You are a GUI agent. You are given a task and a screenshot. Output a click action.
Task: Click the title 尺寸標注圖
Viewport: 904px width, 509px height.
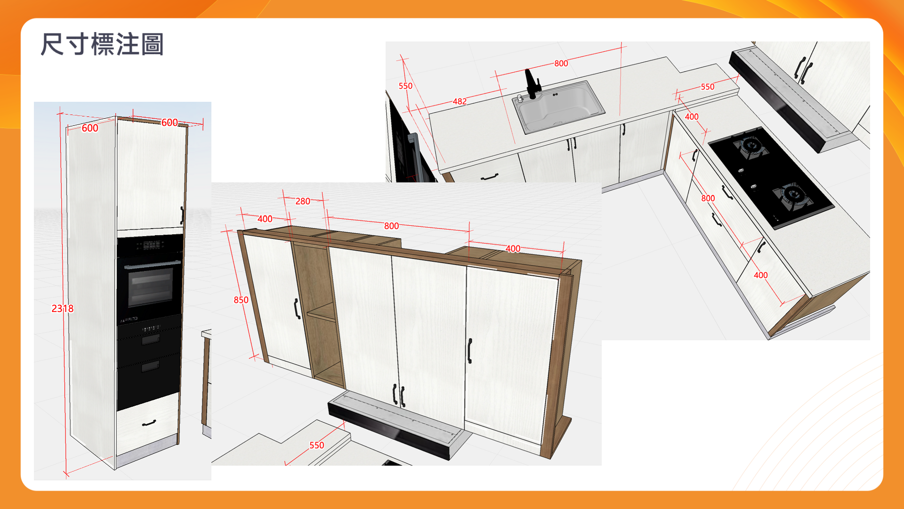[102, 44]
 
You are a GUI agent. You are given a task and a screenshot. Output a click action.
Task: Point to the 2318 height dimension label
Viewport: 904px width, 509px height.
[63, 309]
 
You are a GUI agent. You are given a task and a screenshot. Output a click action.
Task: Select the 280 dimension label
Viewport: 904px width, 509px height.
[303, 201]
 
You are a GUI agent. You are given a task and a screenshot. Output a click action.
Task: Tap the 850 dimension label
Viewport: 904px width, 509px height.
[241, 300]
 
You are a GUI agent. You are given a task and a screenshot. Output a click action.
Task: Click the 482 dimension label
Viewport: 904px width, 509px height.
[460, 101]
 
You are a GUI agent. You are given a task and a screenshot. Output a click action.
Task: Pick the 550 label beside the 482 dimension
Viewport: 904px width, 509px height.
[405, 86]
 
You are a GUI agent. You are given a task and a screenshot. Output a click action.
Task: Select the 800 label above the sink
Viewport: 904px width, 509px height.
[561, 63]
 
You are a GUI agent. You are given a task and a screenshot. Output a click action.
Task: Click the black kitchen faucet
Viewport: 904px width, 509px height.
[532, 84]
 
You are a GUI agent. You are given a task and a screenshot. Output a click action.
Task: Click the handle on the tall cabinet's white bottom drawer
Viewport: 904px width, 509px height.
[149, 423]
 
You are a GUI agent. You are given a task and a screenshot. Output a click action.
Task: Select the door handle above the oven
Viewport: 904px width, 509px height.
[182, 215]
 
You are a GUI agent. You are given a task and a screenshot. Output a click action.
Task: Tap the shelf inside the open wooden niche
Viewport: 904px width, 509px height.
[322, 312]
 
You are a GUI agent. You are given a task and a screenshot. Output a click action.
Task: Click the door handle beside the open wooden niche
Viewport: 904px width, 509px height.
[297, 309]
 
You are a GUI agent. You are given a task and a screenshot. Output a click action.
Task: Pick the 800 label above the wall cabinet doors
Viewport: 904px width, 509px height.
[391, 226]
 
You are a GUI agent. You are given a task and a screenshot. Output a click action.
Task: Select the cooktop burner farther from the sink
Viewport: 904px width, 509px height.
[793, 195]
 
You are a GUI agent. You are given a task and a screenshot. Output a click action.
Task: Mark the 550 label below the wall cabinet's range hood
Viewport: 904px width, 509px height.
[316, 445]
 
